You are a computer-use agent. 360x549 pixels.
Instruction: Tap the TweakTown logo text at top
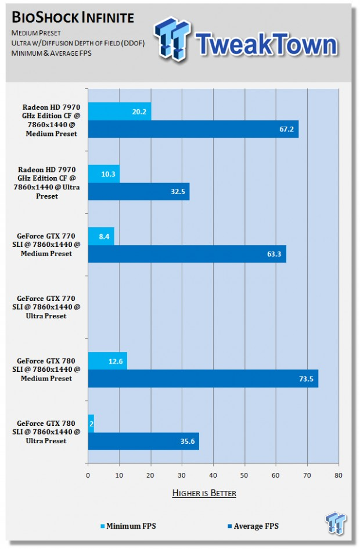click(x=266, y=44)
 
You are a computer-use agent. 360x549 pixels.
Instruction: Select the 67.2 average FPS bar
click(x=193, y=129)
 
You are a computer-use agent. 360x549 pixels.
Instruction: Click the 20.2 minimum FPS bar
click(x=119, y=111)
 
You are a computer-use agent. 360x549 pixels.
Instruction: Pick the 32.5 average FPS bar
click(x=138, y=191)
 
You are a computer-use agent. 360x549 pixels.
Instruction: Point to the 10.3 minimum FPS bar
click(x=103, y=174)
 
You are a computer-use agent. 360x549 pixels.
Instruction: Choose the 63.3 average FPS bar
click(x=186, y=254)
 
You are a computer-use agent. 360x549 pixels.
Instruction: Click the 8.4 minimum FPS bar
click(x=100, y=236)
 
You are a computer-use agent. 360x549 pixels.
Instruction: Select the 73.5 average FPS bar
click(x=203, y=379)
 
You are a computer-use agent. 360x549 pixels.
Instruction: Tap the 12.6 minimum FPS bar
click(x=107, y=361)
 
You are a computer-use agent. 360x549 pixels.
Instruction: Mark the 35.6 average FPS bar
click(x=143, y=441)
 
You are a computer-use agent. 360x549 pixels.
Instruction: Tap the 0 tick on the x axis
click(x=88, y=475)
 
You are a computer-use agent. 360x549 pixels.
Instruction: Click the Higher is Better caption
click(x=204, y=493)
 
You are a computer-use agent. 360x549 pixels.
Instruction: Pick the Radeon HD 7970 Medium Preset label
click(x=49, y=120)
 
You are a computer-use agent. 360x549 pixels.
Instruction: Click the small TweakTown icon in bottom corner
click(x=336, y=523)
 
